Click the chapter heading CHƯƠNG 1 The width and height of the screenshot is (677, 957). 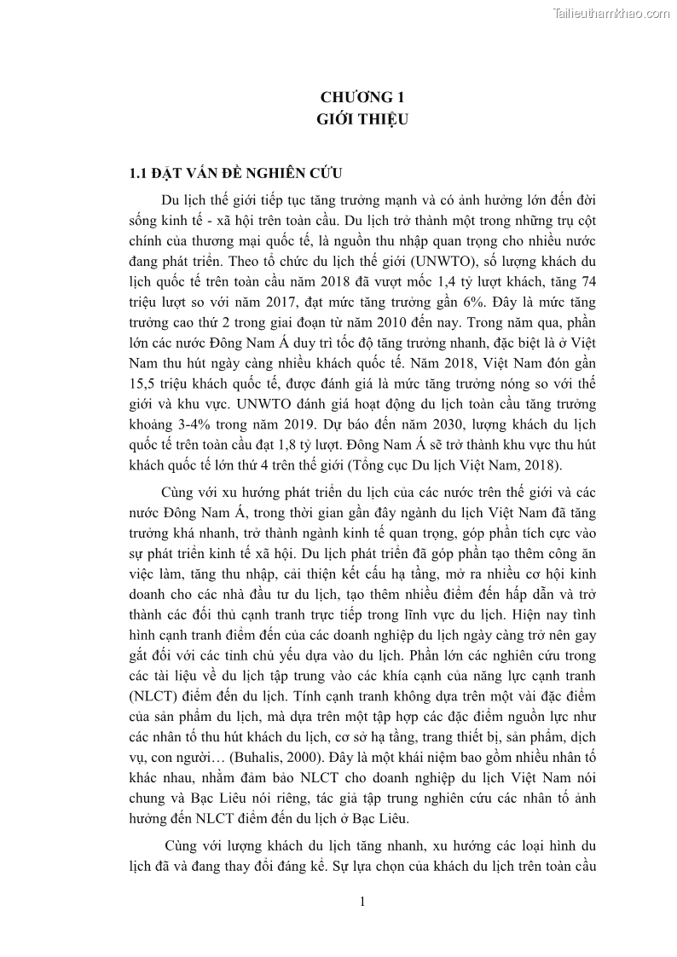point(358,97)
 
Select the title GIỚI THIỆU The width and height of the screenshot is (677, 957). point(358,119)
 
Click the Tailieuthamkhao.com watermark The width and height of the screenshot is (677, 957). point(611,13)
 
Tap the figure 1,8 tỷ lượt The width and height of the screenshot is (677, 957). point(315,464)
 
